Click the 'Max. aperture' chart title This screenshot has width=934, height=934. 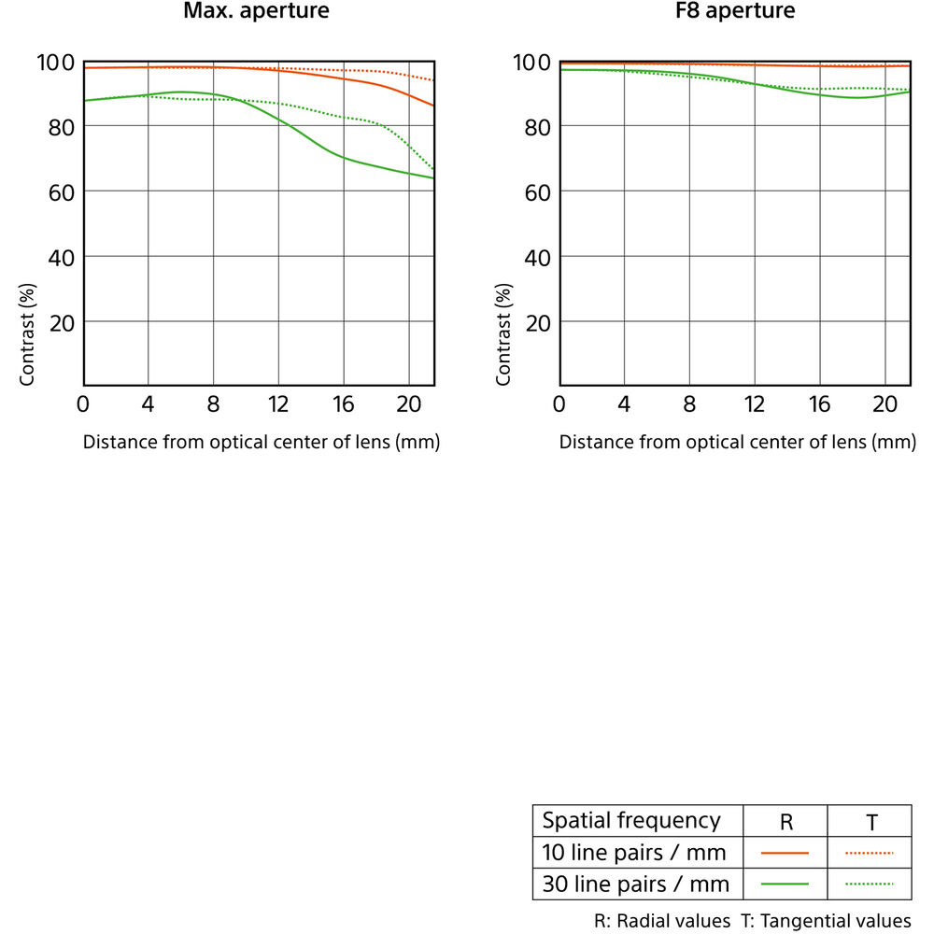click(256, 12)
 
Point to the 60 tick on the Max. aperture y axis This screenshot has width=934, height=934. click(61, 191)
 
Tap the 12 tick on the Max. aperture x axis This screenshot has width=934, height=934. click(278, 404)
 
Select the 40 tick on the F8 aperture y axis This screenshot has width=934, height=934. click(537, 257)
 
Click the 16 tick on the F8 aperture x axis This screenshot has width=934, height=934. click(819, 404)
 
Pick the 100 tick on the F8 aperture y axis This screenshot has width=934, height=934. click(531, 64)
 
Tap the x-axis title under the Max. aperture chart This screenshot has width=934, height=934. click(262, 442)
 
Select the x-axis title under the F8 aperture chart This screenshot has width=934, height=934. click(738, 442)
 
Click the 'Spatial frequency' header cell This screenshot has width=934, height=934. click(631, 821)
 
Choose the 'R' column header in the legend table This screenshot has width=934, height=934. click(785, 822)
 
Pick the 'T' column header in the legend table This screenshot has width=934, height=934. click(870, 822)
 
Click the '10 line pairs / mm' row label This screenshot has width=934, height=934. click(634, 852)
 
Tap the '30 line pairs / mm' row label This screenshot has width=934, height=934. click(634, 884)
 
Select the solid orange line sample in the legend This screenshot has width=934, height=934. click(785, 853)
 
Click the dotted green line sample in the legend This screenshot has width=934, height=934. click(870, 884)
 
